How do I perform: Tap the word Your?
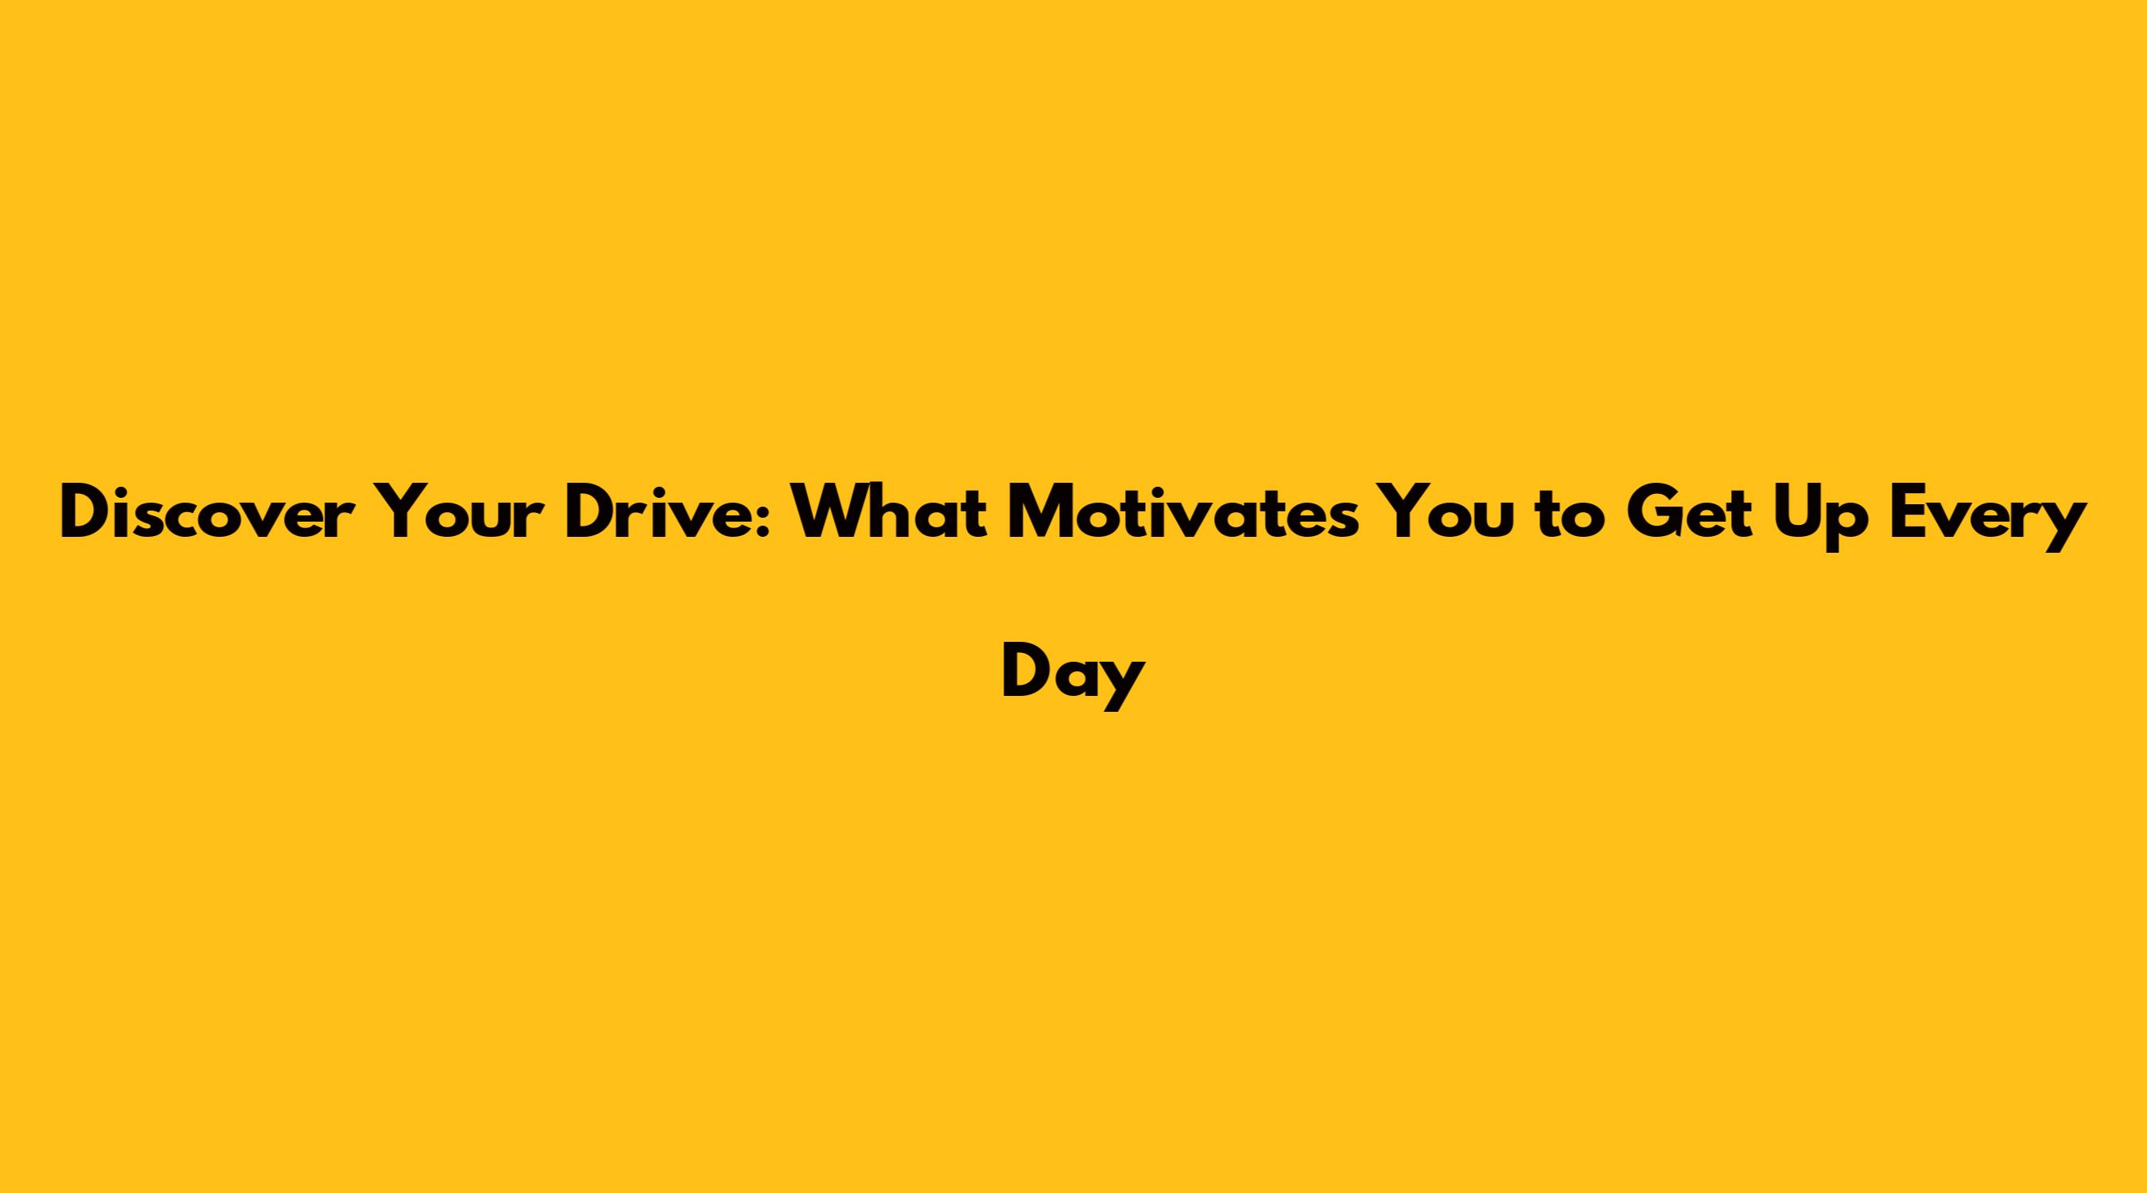pyautogui.click(x=452, y=513)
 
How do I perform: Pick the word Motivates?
pyautogui.click(x=1183, y=513)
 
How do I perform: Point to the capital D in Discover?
pyautogui.click(x=87, y=513)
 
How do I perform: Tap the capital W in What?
pyautogui.click(x=838, y=513)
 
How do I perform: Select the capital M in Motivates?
pyautogui.click(x=1043, y=513)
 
